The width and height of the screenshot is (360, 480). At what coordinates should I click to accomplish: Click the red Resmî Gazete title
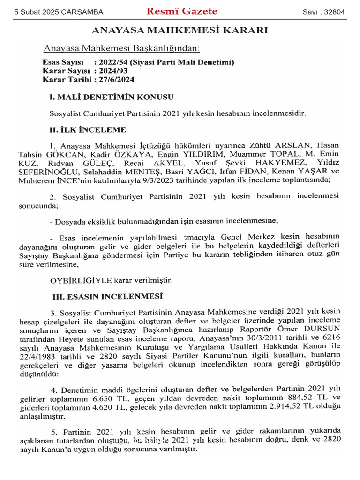[182, 11]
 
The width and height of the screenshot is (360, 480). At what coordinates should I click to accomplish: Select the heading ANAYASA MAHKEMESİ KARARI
[180, 31]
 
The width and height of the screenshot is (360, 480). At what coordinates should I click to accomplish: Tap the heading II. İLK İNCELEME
[87, 130]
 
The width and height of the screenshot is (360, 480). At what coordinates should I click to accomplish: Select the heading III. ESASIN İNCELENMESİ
[107, 296]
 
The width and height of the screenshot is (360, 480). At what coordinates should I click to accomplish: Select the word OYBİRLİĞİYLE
[81, 280]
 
